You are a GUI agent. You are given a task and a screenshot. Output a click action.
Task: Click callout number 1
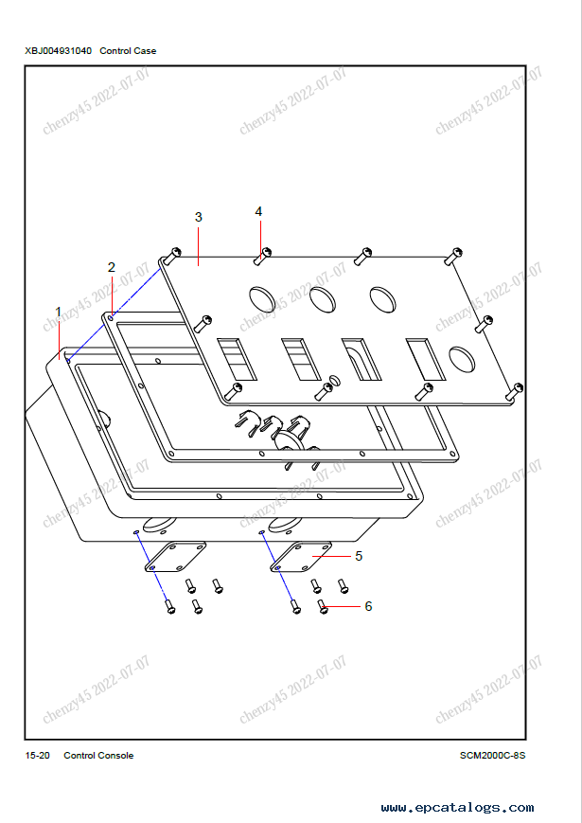click(x=59, y=313)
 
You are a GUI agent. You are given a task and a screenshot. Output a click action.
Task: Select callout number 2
click(x=111, y=267)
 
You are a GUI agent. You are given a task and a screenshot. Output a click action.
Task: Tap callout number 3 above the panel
click(x=198, y=217)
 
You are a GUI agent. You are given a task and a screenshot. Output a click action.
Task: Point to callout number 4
click(x=258, y=211)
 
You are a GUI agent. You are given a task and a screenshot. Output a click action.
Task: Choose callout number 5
click(x=359, y=556)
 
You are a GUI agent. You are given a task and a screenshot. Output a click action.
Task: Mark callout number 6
click(x=368, y=606)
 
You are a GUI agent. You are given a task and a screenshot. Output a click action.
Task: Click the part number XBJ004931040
click(x=59, y=51)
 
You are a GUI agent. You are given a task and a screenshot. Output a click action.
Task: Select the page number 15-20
click(x=38, y=756)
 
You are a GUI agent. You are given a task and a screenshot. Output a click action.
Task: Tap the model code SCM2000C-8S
click(x=492, y=756)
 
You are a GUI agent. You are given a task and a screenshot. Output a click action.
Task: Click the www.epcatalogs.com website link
click(x=457, y=807)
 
